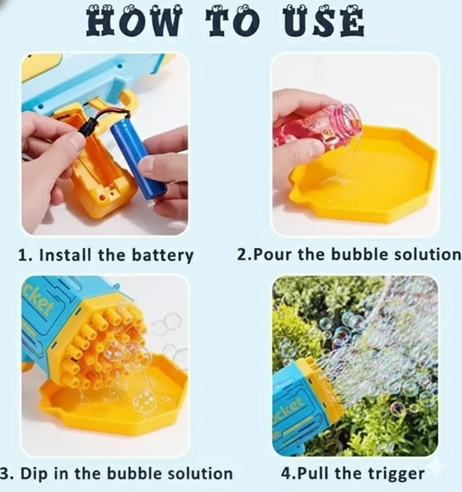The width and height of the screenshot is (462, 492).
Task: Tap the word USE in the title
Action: point(324,21)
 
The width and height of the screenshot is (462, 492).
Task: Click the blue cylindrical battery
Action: point(138,158)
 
